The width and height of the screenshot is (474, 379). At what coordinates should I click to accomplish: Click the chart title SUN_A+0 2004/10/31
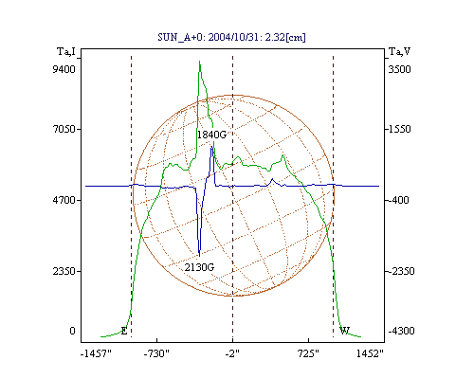click(231, 37)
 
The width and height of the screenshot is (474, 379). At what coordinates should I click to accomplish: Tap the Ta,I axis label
click(66, 51)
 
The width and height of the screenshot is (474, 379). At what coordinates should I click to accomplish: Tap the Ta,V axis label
click(399, 51)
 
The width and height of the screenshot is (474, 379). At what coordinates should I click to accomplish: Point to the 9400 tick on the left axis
click(64, 69)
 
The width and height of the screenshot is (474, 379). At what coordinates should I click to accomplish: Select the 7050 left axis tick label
click(64, 129)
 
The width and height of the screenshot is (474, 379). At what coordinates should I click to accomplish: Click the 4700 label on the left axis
click(64, 200)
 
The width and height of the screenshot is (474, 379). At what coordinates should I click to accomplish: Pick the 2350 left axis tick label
click(64, 271)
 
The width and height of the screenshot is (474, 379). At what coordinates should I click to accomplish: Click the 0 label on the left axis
click(72, 331)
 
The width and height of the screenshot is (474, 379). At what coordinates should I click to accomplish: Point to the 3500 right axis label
click(399, 69)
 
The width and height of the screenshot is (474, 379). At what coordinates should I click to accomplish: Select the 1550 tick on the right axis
click(399, 129)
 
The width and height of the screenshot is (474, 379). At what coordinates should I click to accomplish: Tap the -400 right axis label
click(398, 200)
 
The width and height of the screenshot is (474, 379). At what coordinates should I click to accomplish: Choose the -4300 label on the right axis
click(401, 331)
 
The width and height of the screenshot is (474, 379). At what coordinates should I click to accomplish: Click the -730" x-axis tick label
click(156, 354)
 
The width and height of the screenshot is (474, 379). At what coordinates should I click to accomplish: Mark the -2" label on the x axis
click(232, 354)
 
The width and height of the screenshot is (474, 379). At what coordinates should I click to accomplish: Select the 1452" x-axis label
click(370, 354)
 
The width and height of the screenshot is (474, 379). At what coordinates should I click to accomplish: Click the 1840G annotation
click(211, 135)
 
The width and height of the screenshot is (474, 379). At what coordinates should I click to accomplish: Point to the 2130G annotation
click(199, 267)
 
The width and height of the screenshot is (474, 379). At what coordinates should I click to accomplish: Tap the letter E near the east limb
click(124, 332)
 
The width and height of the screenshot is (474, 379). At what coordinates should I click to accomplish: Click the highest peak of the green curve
click(199, 62)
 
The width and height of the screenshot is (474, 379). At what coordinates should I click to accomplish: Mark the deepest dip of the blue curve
click(199, 256)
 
